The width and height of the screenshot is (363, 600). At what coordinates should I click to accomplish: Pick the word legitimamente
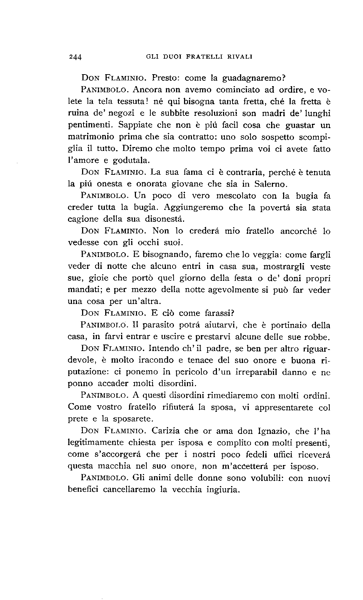(94, 443)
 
